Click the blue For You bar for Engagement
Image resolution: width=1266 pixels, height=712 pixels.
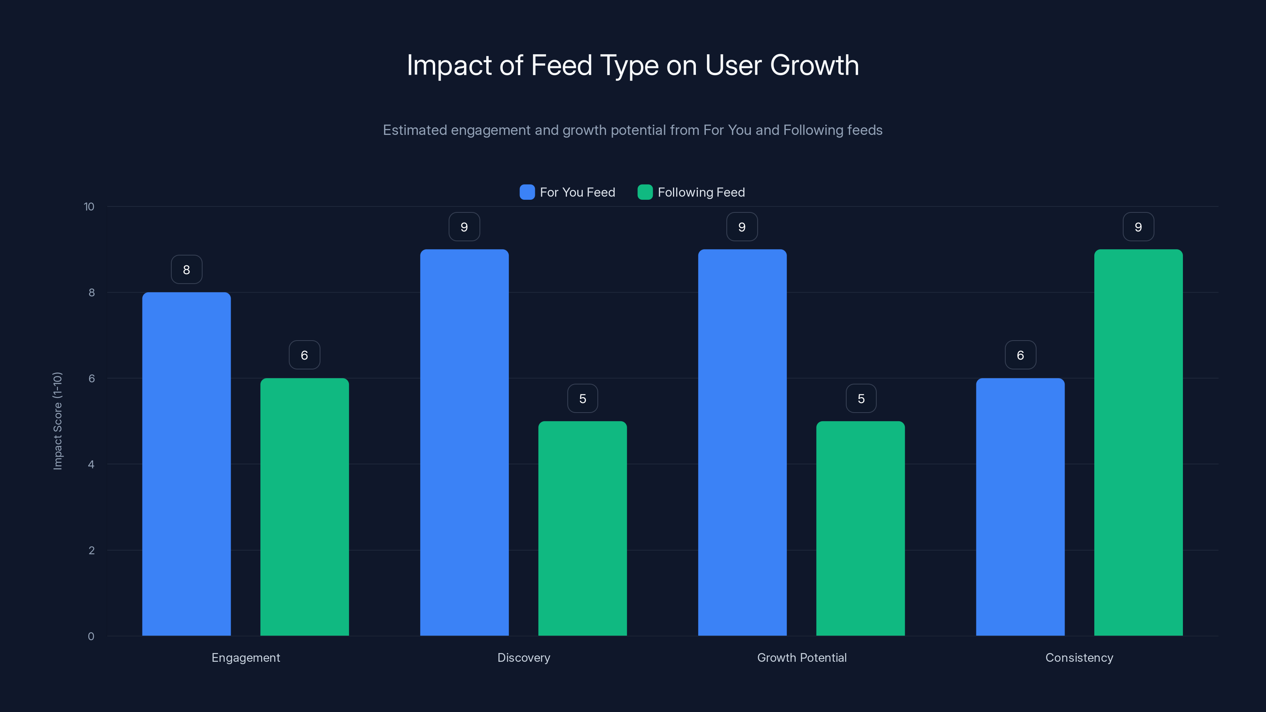186,464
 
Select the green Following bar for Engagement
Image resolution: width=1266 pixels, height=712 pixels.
304,507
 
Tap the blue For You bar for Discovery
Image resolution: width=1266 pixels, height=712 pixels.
464,442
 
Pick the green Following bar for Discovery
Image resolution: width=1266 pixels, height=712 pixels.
582,528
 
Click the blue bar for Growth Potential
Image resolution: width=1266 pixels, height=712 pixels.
742,442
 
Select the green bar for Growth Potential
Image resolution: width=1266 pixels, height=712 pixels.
860,528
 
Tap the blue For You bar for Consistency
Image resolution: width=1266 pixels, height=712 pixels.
1020,507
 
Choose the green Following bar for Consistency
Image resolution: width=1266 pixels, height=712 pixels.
1138,442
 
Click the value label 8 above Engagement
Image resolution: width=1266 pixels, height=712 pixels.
186,269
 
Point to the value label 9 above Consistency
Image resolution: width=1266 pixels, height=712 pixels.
1138,227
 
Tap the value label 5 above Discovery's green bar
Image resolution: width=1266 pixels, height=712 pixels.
582,398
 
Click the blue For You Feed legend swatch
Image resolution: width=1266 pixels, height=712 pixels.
527,192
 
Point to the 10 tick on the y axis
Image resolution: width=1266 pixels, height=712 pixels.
89,206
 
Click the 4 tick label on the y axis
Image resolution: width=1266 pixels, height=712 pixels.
91,464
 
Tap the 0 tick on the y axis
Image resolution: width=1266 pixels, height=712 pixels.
91,636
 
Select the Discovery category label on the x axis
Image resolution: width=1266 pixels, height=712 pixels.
523,657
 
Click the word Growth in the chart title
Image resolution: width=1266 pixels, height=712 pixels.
814,65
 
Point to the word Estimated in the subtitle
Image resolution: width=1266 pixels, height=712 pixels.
414,130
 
